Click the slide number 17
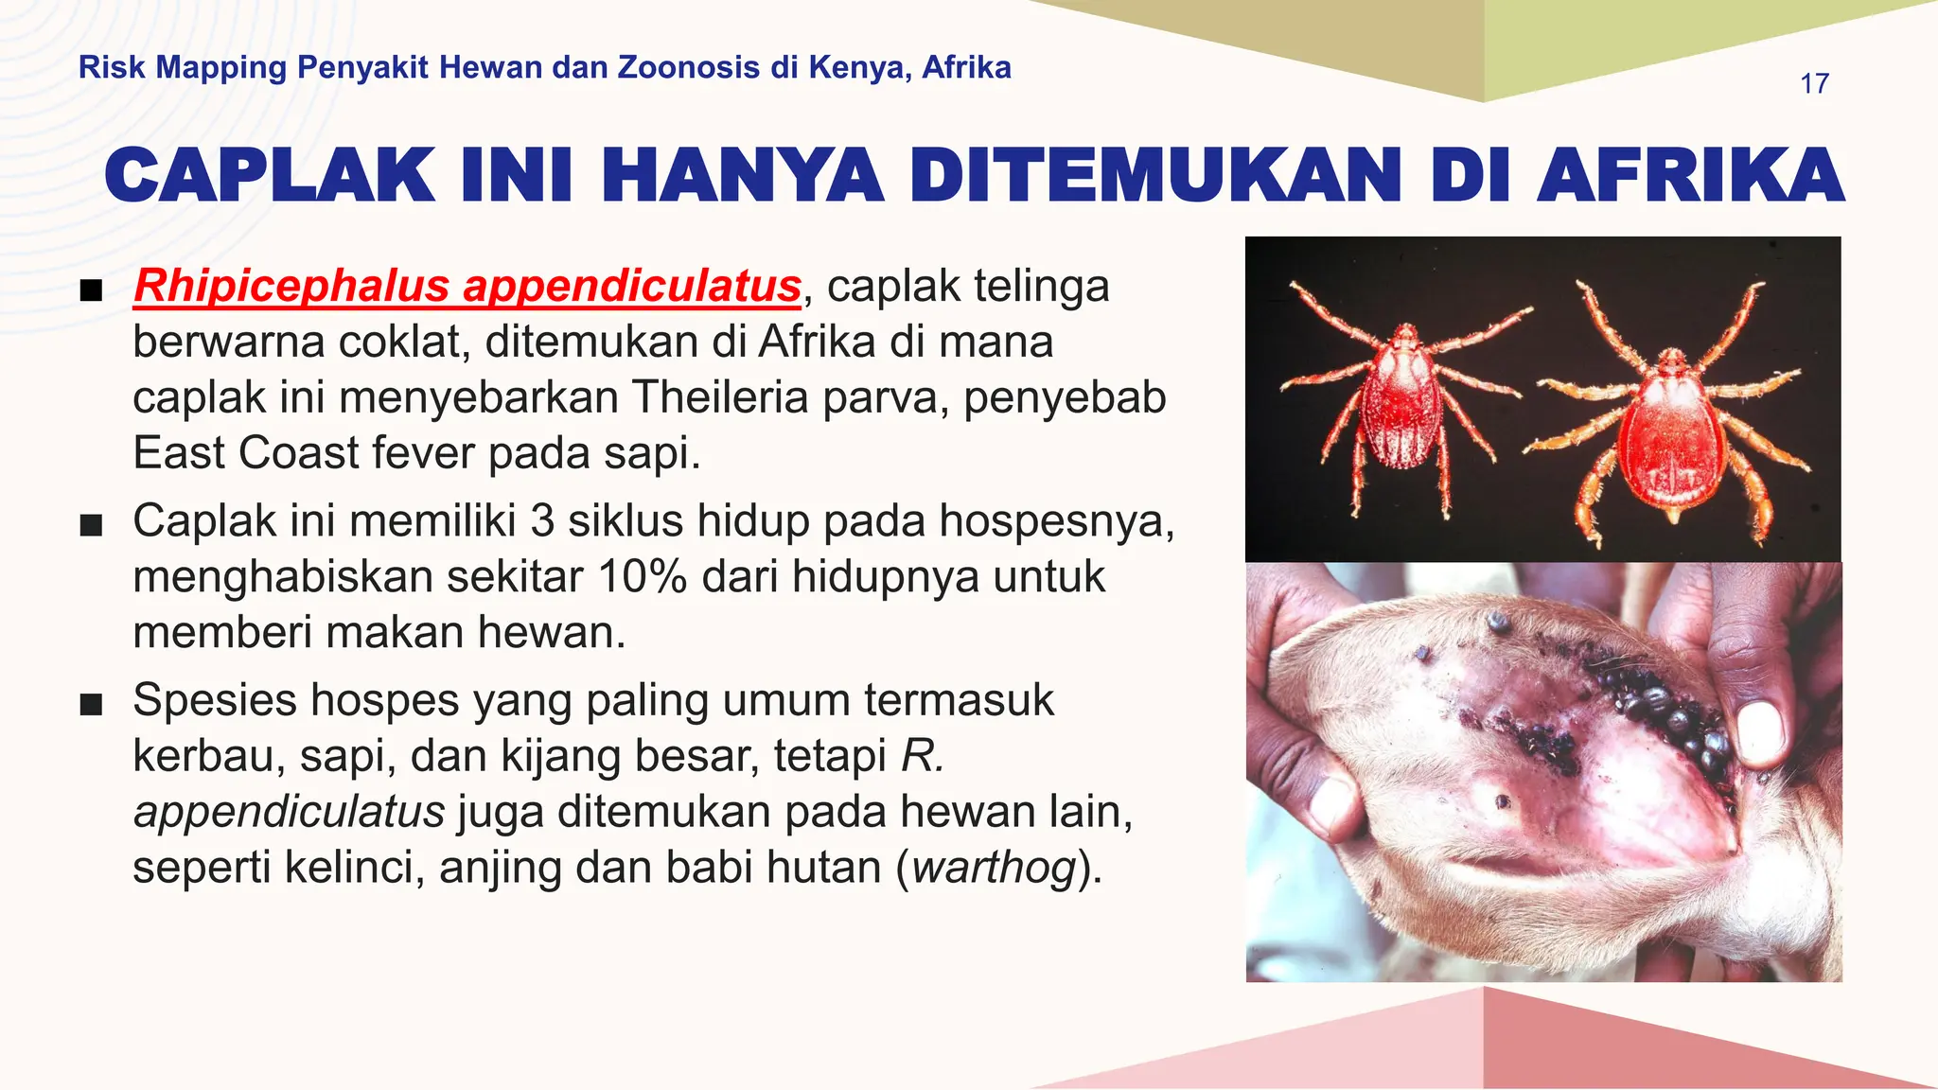[x=1814, y=83]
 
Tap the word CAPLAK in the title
[x=269, y=176]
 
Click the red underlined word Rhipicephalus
[x=291, y=286]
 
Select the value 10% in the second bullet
[x=643, y=576]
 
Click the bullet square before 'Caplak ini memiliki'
[x=91, y=525]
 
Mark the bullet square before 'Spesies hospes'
[x=91, y=705]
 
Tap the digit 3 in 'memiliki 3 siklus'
[x=542, y=520]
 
